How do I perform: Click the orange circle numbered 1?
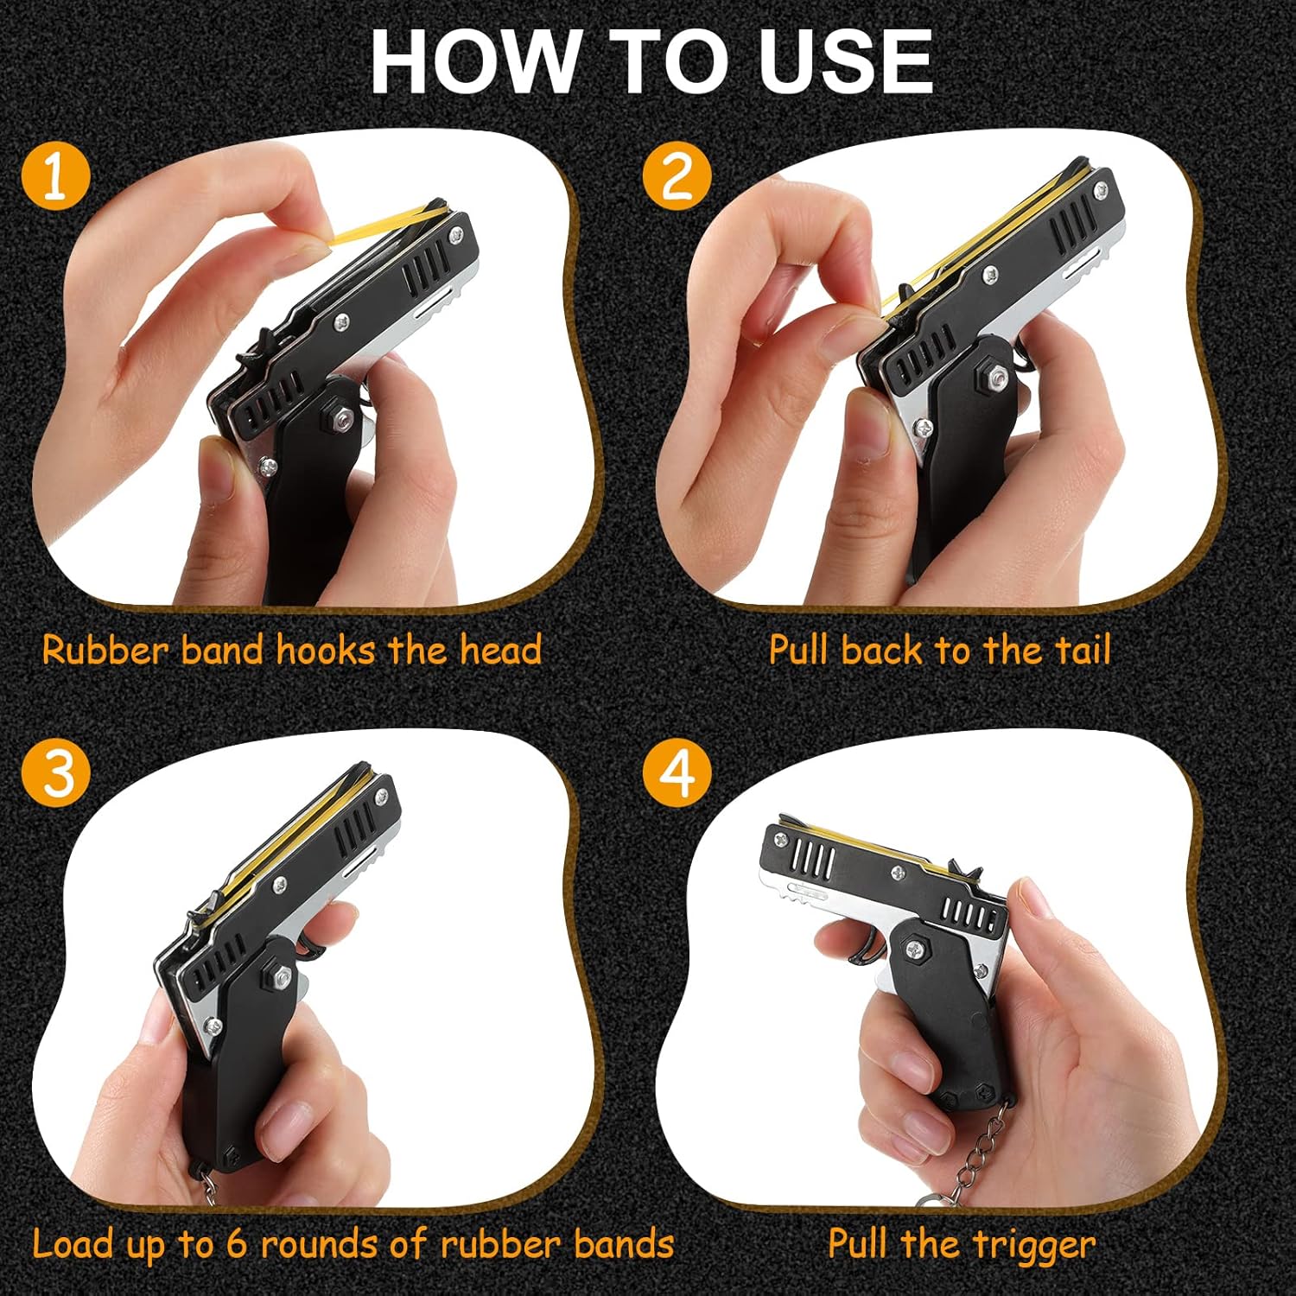(x=55, y=176)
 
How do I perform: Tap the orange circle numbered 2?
(x=677, y=176)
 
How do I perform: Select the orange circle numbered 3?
(x=56, y=772)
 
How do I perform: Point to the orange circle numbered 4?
(x=677, y=772)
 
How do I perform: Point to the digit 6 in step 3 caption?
(x=237, y=1245)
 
